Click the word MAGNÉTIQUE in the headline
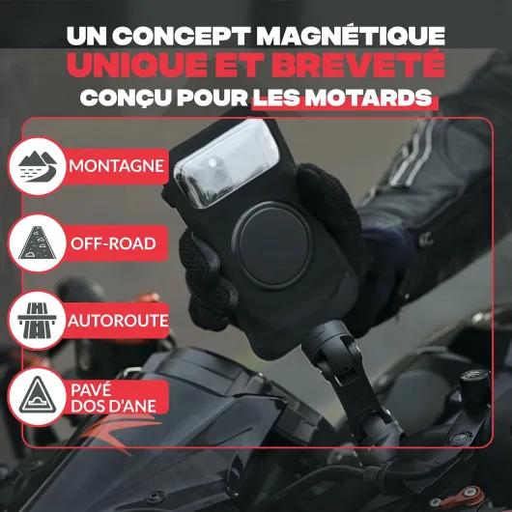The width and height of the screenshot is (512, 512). [x=351, y=35]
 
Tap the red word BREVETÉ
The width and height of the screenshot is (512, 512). [x=361, y=65]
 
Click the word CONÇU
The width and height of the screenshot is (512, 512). [x=126, y=99]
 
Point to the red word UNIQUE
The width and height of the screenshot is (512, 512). [x=137, y=66]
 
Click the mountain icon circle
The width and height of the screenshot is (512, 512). [x=38, y=166]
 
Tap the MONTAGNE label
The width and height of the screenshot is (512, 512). [x=116, y=166]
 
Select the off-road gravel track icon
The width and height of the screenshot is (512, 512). [x=38, y=242]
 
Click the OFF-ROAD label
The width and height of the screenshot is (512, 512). [x=113, y=243]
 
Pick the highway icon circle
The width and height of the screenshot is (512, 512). [x=38, y=321]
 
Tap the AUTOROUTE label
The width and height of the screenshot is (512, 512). [x=118, y=321]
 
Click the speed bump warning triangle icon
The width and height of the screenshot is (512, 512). [x=38, y=397]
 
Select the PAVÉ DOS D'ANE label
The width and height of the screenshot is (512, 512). [x=113, y=398]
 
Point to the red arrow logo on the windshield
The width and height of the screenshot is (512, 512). [x=120, y=432]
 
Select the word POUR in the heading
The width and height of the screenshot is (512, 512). [x=213, y=98]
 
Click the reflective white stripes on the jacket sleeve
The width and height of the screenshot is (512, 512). [x=412, y=154]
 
